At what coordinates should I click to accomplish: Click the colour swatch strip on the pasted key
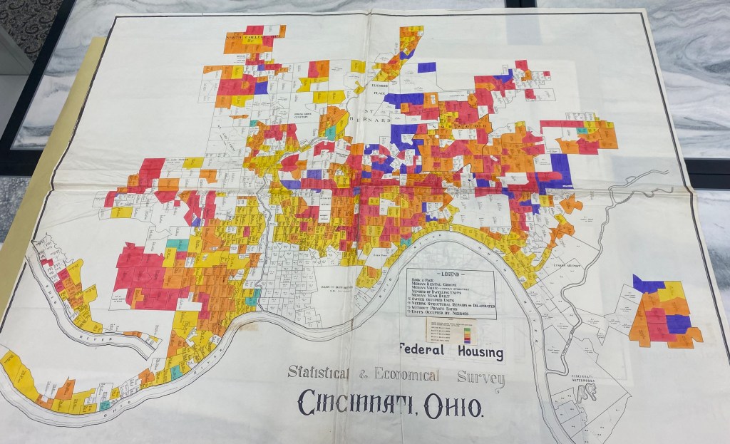tap(466, 331)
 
